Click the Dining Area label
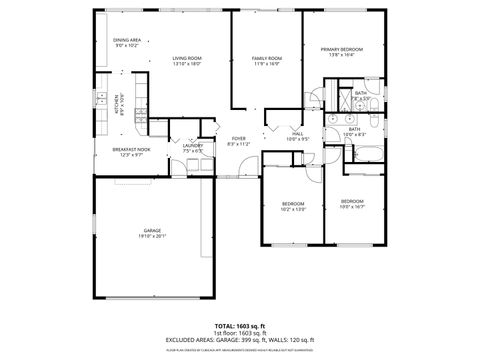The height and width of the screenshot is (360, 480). pyautogui.click(x=127, y=41)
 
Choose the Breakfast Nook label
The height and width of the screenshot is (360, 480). pyautogui.click(x=130, y=151)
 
